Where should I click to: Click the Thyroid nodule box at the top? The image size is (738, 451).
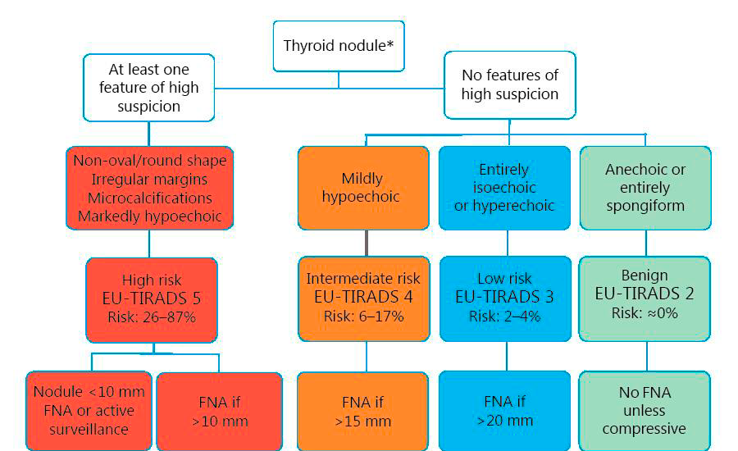click(x=339, y=45)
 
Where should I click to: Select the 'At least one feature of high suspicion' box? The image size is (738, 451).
click(x=148, y=88)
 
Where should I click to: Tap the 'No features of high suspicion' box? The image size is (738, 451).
click(x=509, y=84)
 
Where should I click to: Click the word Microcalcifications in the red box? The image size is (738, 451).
click(x=148, y=198)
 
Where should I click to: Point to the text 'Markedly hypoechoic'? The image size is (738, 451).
click(x=148, y=216)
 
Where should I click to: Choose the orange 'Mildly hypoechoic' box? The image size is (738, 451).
click(x=362, y=187)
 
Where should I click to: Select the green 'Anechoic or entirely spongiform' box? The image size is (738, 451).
click(x=645, y=187)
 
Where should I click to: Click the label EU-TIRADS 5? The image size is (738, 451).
click(x=152, y=298)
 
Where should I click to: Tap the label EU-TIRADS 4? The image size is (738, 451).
click(x=362, y=297)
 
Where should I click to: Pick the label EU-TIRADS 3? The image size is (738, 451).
click(x=504, y=297)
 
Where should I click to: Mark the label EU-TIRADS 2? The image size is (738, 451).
click(x=645, y=293)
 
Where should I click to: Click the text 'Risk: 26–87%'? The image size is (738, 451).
click(x=152, y=317)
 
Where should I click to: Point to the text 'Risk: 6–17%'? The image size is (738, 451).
click(x=362, y=316)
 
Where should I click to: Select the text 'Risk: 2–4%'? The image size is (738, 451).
click(x=504, y=316)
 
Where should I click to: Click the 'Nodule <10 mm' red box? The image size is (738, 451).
click(x=89, y=410)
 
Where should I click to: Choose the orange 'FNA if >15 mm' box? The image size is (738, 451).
click(x=362, y=412)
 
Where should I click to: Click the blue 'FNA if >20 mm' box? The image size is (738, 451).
click(x=504, y=412)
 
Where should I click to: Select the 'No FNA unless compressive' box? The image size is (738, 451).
click(x=645, y=411)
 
